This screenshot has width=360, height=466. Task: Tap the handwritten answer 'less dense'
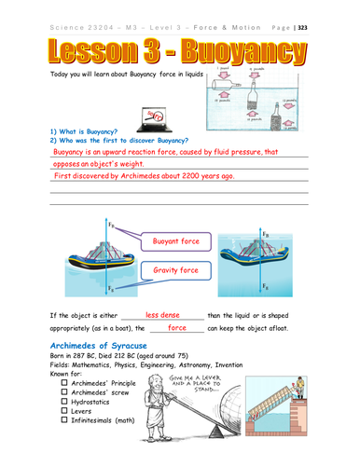pos(162,316)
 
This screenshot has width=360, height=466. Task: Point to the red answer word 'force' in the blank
pos(176,328)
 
